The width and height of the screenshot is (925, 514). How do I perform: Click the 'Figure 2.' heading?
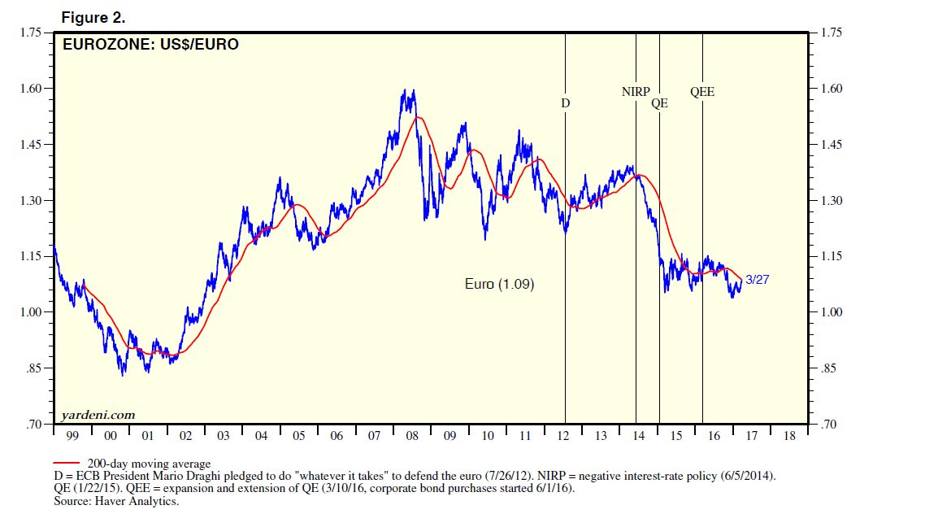pos(93,17)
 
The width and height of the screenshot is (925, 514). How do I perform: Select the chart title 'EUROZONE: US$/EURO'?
pos(150,45)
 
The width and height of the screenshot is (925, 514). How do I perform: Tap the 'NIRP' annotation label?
pos(636,92)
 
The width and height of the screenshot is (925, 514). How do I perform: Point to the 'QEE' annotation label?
pos(702,92)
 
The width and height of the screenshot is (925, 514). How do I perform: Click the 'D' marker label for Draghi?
pos(565,103)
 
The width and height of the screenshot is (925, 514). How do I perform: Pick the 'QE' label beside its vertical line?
pos(659,103)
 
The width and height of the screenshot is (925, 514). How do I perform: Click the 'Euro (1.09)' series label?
pos(499,285)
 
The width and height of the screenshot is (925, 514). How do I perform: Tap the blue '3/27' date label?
pos(757,279)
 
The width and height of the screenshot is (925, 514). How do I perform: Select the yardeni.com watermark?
pos(98,415)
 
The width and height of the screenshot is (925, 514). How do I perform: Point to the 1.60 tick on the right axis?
pos(833,89)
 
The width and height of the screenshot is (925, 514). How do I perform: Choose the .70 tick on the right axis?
pos(830,425)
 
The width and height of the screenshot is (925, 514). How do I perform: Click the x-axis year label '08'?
pos(412,437)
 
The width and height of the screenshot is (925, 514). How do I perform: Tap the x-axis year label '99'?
pos(72,437)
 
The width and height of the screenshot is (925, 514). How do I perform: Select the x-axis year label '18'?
pos(789,437)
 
